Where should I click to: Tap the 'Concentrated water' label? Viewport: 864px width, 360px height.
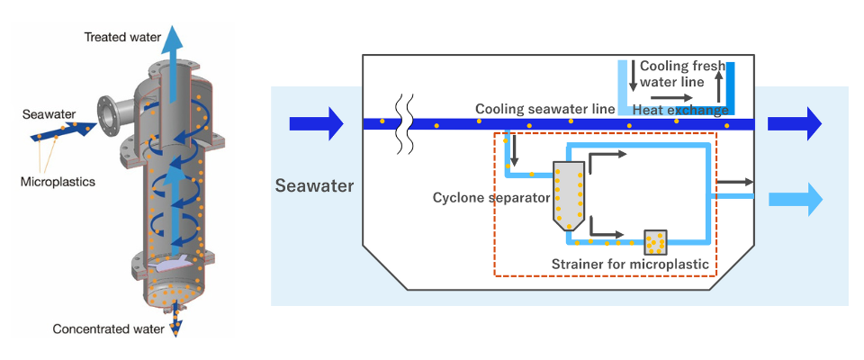coord(109,328)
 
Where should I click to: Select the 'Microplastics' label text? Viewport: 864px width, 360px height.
coord(57,181)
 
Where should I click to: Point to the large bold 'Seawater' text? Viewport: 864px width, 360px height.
coord(314,187)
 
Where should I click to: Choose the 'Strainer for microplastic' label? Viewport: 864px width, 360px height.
coord(634,265)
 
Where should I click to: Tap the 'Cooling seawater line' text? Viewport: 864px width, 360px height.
coord(544,109)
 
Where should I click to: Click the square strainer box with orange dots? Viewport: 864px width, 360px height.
coord(655,241)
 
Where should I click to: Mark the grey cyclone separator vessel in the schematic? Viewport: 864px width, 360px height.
coord(568,193)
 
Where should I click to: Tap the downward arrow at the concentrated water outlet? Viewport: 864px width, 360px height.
coord(175,326)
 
